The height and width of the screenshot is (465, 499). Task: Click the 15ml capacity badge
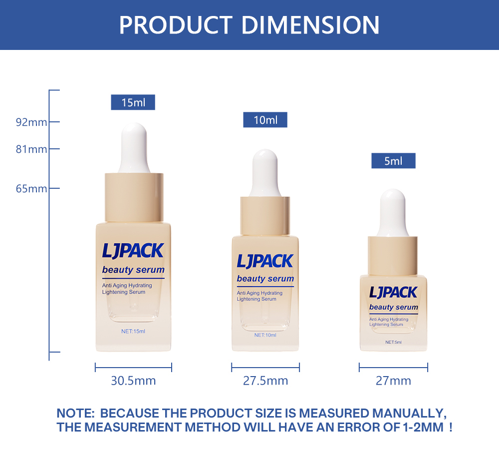pos(133,102)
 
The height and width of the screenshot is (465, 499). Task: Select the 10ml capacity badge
pos(265,120)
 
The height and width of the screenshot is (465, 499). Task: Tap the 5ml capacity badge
pos(393,160)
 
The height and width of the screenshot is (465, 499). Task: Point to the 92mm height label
pos(31,122)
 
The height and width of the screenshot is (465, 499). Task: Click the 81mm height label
pos(31,149)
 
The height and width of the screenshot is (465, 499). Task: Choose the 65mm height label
pos(31,189)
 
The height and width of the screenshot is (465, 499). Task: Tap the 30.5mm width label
pos(133,381)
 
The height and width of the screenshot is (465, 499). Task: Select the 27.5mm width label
pos(265,381)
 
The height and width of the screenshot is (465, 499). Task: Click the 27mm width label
pos(393,381)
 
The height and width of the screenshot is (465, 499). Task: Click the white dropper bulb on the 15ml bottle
pos(134,148)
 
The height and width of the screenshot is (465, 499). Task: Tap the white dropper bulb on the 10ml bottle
pos(265,173)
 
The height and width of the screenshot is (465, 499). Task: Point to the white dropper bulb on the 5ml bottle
pos(393,213)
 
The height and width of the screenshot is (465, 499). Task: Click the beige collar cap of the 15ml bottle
pos(134,197)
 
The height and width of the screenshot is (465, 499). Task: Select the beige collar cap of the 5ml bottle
pos(393,256)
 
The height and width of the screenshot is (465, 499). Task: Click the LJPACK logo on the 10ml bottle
pos(265,261)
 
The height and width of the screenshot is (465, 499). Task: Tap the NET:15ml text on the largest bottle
pos(133,331)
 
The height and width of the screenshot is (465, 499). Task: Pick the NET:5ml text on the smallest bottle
pos(393,342)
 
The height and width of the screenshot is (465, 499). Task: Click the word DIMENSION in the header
pos(310,25)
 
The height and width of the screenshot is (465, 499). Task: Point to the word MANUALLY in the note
pos(409,413)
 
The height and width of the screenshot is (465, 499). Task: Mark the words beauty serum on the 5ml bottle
pos(394,307)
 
